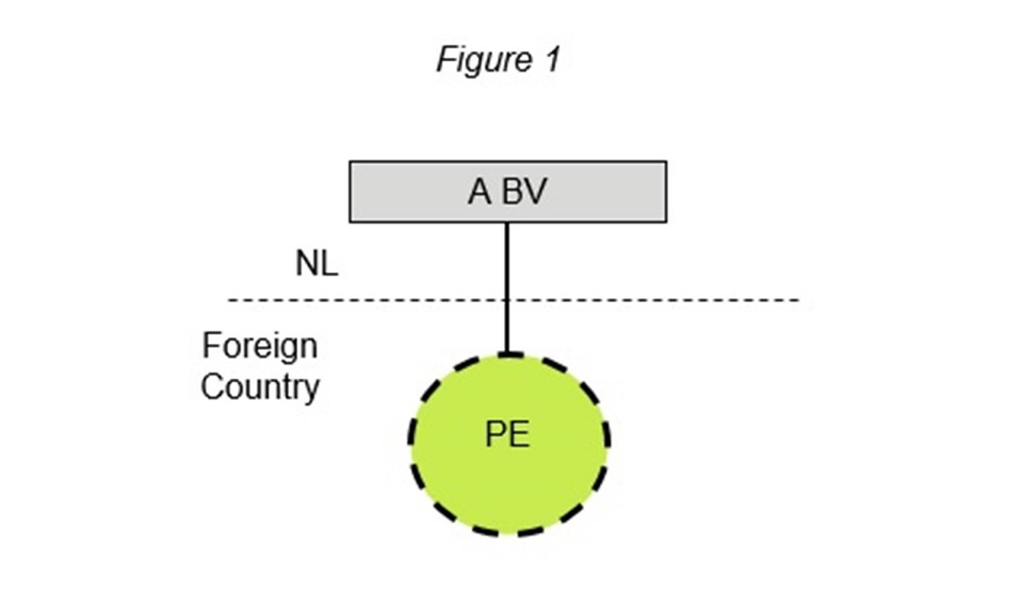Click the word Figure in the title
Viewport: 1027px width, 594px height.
coord(484,60)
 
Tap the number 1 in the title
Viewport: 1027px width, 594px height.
coord(553,60)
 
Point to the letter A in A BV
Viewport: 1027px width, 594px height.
coord(479,191)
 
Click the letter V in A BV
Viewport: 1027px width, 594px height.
coord(535,191)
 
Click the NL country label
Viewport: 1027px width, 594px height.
coord(316,263)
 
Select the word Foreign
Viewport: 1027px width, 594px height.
coord(259,347)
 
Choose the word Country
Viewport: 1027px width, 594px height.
coord(260,387)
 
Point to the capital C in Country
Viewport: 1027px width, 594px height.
coord(212,387)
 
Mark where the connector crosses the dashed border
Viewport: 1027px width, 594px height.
coord(507,300)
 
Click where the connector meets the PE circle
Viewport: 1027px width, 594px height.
coord(507,354)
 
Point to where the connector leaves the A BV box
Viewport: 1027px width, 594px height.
coord(507,223)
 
